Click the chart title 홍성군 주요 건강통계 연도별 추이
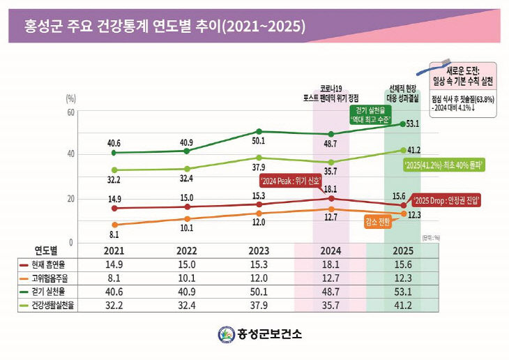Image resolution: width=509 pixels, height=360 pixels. click(165, 28)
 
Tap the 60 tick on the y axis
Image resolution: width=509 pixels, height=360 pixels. click(70, 112)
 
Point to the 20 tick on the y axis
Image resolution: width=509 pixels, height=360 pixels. click(70, 199)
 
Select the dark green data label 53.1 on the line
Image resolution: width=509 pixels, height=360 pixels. click(412, 123)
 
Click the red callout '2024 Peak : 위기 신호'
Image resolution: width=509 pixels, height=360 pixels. click(291, 181)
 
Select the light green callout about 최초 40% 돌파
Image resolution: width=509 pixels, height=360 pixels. click(444, 165)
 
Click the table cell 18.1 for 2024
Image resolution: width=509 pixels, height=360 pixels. click(330, 264)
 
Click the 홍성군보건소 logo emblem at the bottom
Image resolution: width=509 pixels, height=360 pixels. click(226, 334)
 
